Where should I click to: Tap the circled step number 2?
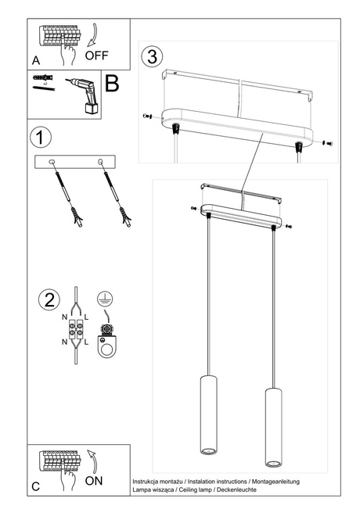coord(49,299)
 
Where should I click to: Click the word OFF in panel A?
coord(98,56)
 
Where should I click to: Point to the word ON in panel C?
coord(93,481)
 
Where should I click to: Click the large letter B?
coord(112,84)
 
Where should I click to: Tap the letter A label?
coord(36,60)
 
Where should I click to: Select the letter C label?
coord(36,486)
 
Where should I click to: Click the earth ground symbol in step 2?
coord(103,297)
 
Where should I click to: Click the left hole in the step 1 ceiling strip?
coord(52,162)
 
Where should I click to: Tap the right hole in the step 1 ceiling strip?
coord(100,162)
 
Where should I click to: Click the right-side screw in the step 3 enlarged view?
coord(326,143)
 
